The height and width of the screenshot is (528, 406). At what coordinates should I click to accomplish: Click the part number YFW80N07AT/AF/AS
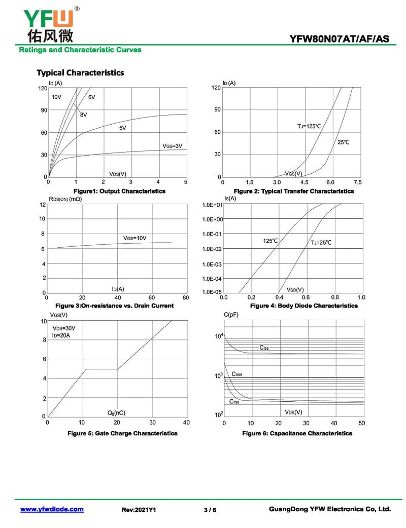(340, 39)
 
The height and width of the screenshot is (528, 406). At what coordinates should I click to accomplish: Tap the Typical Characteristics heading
(80, 72)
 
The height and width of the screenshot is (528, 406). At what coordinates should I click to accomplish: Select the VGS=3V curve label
(172, 145)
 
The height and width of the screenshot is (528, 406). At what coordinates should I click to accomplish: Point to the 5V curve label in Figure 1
(122, 128)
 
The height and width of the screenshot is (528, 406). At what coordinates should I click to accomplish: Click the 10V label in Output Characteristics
(56, 96)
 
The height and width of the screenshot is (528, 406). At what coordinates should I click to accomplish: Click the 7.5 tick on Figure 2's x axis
(357, 182)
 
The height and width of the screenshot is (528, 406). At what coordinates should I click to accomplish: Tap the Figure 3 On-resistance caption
(114, 306)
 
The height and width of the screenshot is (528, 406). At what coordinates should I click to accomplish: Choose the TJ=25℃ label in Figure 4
(321, 243)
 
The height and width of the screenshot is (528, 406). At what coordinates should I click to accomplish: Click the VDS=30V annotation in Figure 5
(64, 328)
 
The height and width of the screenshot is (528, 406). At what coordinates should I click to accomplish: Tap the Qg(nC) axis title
(116, 413)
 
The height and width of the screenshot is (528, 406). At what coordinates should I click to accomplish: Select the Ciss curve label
(264, 348)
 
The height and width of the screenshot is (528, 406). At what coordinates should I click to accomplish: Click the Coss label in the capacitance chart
(236, 374)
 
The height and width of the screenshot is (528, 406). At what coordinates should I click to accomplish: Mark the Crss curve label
(234, 401)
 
